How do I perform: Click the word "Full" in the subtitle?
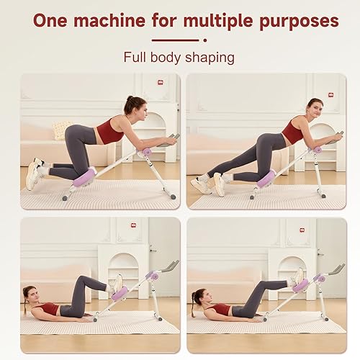click(137, 57)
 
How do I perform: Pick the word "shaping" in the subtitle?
click(210, 57)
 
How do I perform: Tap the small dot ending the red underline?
click(205, 40)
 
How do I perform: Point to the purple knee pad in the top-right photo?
click(266, 179)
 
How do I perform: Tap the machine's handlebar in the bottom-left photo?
click(171, 267)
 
